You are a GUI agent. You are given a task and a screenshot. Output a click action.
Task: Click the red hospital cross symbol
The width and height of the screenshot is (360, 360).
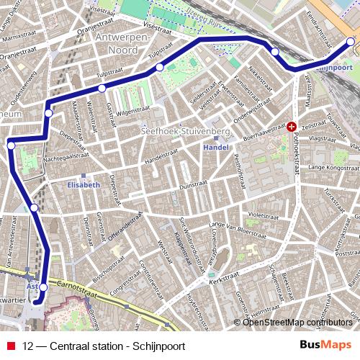click(x=292, y=127)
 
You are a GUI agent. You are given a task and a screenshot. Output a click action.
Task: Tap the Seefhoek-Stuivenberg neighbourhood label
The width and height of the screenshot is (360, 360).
click(x=186, y=132)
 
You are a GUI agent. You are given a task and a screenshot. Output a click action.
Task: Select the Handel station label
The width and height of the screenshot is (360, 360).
click(x=216, y=147)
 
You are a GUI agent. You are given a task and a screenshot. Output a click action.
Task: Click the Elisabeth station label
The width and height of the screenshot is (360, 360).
click(x=83, y=185)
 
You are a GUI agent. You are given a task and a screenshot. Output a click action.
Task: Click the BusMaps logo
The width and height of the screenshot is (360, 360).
click(x=325, y=346)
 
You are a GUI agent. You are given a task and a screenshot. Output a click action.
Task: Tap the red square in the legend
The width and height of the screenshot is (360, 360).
click(x=12, y=346)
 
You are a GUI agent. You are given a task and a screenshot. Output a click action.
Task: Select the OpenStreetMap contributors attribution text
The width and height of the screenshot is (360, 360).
click(x=297, y=322)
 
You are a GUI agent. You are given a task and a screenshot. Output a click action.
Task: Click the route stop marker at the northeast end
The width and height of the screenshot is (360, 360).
click(x=351, y=42)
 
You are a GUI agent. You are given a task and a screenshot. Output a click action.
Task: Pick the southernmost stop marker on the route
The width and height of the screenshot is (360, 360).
click(x=42, y=287)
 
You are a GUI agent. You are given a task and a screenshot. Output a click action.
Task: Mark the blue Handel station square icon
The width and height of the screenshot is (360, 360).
click(x=216, y=138)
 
